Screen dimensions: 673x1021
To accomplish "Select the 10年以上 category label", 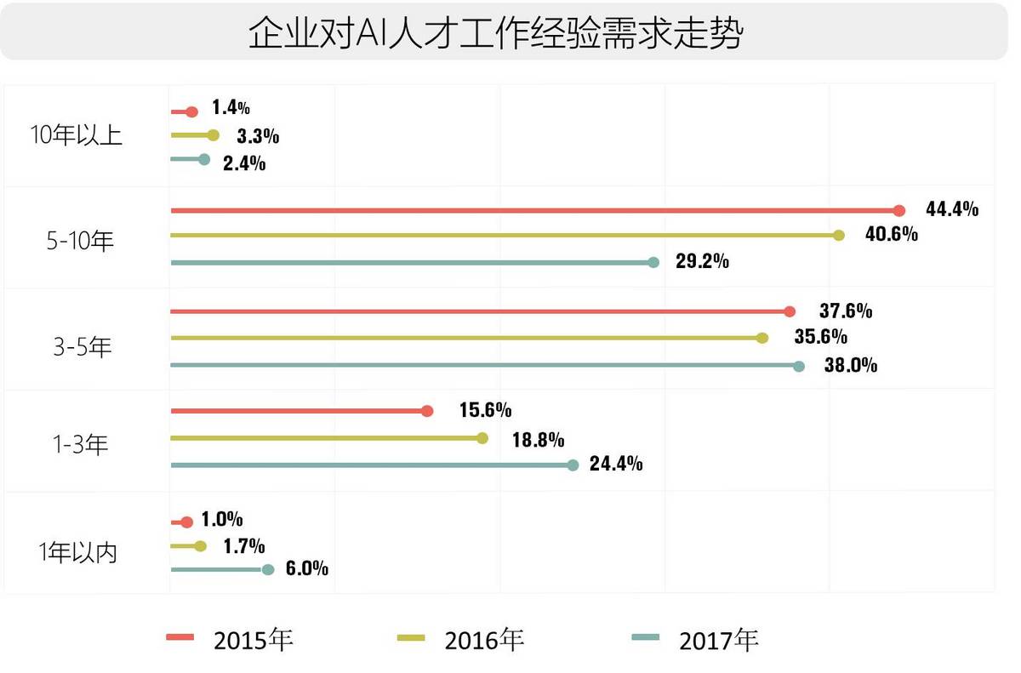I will click(x=77, y=135).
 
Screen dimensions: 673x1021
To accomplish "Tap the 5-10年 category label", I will click(x=80, y=242).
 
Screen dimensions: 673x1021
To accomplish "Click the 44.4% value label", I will click(x=952, y=208).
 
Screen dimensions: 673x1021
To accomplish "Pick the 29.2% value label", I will click(x=702, y=261).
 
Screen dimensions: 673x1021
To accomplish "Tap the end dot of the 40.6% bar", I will click(x=839, y=236).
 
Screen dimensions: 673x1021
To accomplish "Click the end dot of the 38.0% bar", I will click(x=798, y=366).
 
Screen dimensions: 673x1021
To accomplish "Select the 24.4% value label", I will click(x=615, y=465).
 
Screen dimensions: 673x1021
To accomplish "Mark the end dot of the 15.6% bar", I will click(x=427, y=411).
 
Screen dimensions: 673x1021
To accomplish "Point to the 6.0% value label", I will click(x=306, y=569).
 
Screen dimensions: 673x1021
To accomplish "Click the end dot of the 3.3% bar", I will click(x=213, y=134).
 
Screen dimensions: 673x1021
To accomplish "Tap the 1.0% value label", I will click(x=222, y=519).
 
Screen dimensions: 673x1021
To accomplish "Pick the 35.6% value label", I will click(x=821, y=337).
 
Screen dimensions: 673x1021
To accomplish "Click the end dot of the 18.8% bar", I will click(x=482, y=438).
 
